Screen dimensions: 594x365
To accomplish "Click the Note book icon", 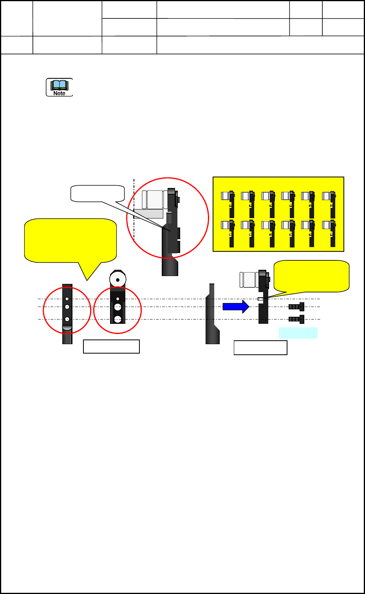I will pos(60,87).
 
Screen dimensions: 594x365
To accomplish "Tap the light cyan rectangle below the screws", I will pos(298,333).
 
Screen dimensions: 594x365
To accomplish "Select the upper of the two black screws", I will pos(296,307).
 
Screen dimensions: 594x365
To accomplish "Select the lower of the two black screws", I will pos(296,319).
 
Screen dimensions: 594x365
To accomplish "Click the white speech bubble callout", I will pos(98,193).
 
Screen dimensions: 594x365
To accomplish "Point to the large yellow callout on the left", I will pos(70,240).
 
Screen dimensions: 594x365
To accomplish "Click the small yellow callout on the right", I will pos(311,276).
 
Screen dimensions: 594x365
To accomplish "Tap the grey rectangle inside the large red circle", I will pos(148,214).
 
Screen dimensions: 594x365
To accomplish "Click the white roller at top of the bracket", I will pos(117,280).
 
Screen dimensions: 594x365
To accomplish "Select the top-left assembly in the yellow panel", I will pos(228,204).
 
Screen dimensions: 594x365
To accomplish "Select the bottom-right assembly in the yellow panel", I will pos(329,233).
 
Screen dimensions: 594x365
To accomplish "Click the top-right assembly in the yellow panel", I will pos(329,204).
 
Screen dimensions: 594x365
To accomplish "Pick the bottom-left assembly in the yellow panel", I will pos(228,233).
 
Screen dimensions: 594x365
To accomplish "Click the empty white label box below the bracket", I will pos(111,347).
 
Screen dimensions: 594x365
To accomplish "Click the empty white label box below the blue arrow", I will pos(260,348).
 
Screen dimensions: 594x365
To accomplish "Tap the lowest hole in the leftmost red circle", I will pos(67,319).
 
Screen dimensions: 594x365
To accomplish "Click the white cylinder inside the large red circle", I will pos(154,200).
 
